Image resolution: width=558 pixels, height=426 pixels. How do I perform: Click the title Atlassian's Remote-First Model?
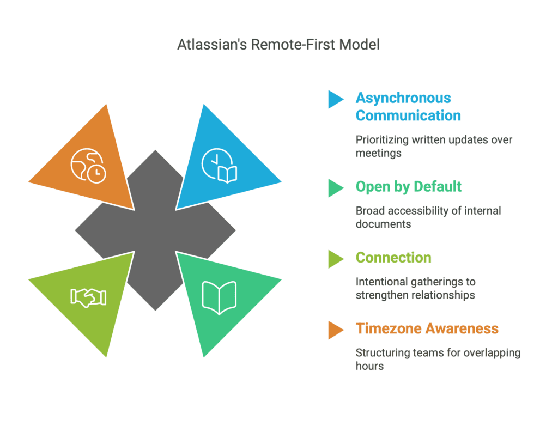278,45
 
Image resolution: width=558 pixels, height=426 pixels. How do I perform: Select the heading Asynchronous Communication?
408,107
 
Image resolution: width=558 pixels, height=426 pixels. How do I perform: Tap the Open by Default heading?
408,187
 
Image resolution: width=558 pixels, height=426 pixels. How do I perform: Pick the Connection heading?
393,258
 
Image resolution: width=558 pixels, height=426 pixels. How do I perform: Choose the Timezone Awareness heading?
427,329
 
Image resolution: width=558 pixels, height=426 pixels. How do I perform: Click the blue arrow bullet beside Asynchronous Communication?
335,99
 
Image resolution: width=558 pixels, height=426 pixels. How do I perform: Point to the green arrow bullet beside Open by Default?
335,187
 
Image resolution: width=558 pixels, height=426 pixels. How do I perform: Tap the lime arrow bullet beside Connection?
335,259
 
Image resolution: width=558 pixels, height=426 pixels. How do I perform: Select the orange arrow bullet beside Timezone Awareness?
335,330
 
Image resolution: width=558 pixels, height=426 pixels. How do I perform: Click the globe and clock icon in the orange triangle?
88,166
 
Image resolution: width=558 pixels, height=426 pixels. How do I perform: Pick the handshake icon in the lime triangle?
88,297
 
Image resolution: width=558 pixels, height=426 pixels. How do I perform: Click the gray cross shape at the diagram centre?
155,230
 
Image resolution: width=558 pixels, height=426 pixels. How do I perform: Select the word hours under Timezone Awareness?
369,366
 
